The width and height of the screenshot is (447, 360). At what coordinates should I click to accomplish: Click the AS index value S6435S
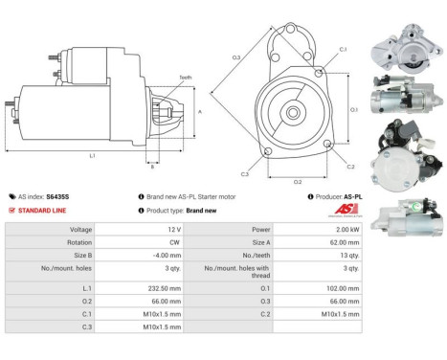click(x=57, y=196)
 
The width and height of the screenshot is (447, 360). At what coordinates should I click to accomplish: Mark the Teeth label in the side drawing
click(x=184, y=77)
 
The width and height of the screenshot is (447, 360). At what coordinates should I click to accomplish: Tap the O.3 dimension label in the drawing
click(x=235, y=58)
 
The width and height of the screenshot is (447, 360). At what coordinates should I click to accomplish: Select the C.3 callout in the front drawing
click(x=245, y=173)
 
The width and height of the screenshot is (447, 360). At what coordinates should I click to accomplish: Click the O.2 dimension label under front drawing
click(x=297, y=180)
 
